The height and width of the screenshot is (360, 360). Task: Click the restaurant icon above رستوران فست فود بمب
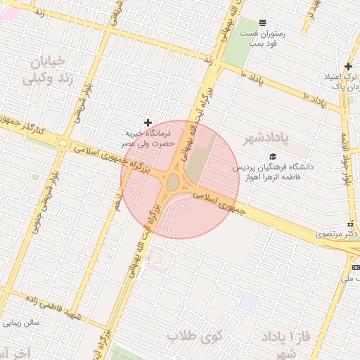point(262,22)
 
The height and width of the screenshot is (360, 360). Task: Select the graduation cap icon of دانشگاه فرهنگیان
point(273,157)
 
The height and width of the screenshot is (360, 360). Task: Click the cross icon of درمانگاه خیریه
point(147,122)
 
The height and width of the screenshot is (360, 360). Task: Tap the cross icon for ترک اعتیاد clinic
point(347,66)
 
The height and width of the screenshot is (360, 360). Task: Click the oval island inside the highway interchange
point(173,182)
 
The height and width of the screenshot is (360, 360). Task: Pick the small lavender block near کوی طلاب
point(248,302)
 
